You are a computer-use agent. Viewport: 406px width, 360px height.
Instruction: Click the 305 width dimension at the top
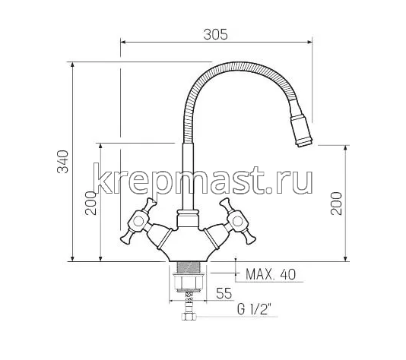pyautogui.click(x=217, y=34)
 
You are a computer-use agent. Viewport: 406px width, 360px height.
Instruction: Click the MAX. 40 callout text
pyautogui.click(x=265, y=273)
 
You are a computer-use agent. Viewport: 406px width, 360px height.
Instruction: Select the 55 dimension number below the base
pyautogui.click(x=224, y=292)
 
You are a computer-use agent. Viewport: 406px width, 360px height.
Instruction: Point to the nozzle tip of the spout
pyautogui.click(x=303, y=139)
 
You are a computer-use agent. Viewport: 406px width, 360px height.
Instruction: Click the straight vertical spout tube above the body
pyautogui.click(x=185, y=175)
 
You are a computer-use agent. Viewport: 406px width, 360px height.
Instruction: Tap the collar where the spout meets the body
pyautogui.click(x=185, y=219)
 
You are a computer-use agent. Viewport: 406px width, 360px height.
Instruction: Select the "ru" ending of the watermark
pyautogui.click(x=297, y=181)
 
